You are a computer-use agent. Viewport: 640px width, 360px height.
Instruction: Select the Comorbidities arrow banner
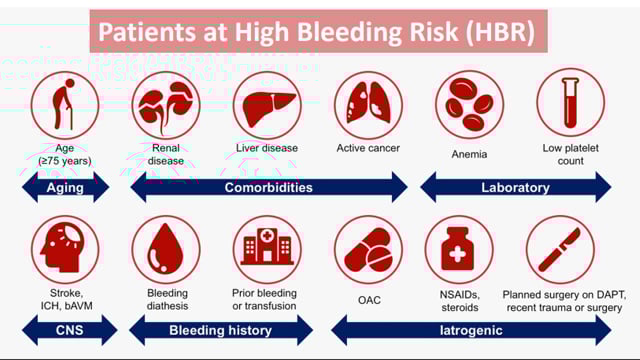[x=269, y=187]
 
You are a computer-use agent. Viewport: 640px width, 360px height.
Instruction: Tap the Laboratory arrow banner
[x=515, y=187]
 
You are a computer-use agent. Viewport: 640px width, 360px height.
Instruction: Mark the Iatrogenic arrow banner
[x=470, y=329]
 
